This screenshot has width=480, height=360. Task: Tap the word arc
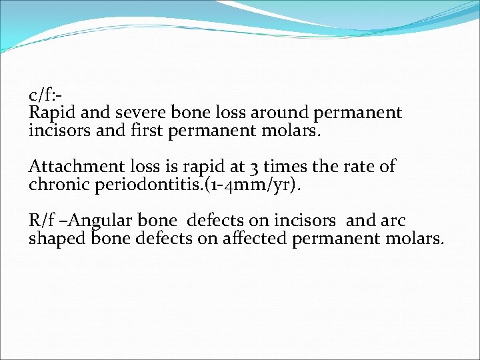[393, 221]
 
